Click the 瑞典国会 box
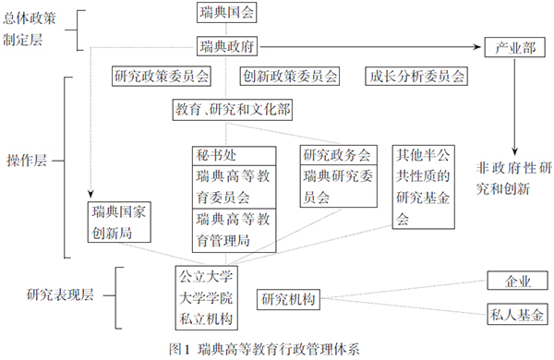(227, 13)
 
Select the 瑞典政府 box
(227, 44)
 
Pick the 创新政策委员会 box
(290, 77)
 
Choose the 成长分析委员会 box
(415, 77)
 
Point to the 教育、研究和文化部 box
(233, 110)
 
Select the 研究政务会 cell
(337, 154)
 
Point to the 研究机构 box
(288, 299)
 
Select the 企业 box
(513, 280)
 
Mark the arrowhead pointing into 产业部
(479, 45)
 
